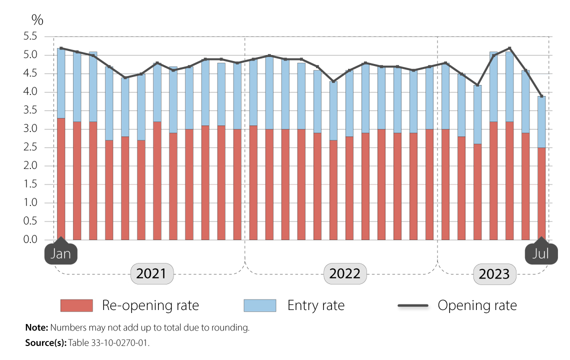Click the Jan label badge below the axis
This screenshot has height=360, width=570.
pos(61,253)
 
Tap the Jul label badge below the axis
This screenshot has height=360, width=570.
pos(541,253)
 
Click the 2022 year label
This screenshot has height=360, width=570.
pos(344,274)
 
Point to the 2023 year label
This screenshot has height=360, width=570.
pos(494,274)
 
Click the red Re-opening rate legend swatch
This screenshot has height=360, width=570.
pos(76,305)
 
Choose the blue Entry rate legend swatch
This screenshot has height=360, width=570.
pos(259,305)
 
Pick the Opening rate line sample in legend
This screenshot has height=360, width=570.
pos(413,305)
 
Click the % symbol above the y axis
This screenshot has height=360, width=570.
pos(37,20)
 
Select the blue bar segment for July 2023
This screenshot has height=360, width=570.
pos(541,122)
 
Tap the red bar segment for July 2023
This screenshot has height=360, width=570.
pos(541,194)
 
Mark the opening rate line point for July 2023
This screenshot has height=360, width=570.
pos(541,96)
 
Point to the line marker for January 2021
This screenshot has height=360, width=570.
pos(61,48)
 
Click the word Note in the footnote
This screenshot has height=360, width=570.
pos(36,328)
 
